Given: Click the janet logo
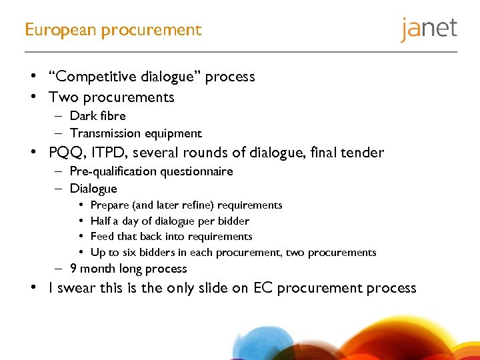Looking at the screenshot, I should click(429, 30).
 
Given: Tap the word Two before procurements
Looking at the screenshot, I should click(63, 97).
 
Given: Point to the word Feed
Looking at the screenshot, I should click(102, 236).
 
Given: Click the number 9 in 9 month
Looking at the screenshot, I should click(73, 269).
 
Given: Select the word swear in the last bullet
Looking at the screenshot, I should click(77, 289).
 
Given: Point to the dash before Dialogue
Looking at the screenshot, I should click(59, 189).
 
